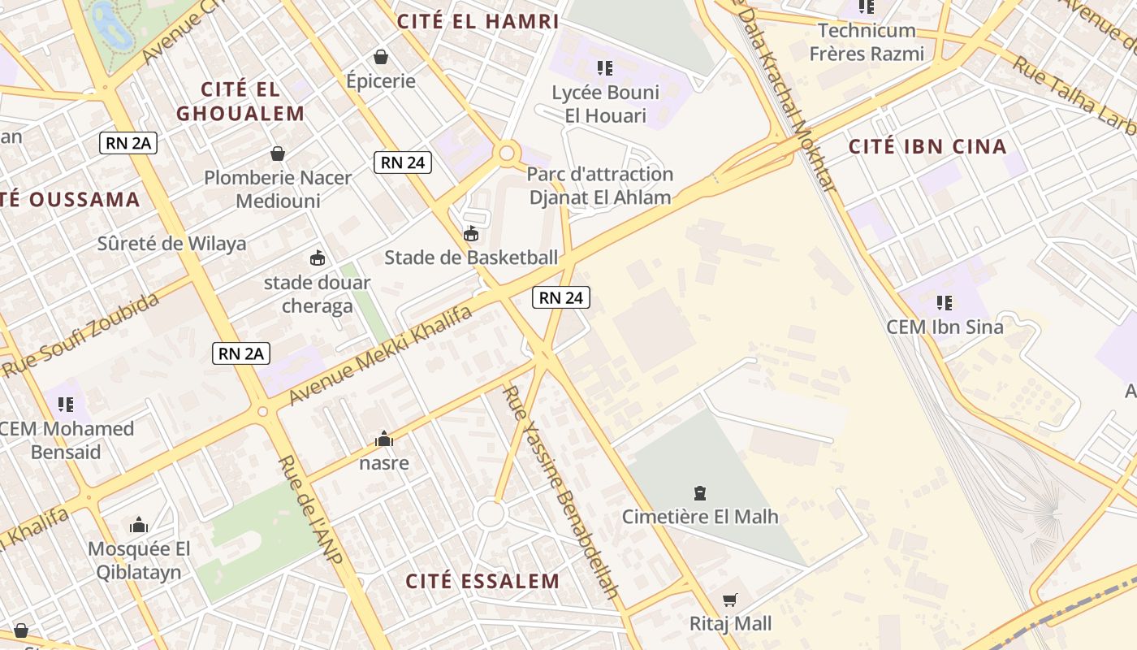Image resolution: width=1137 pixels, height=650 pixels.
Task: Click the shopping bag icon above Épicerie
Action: point(380,57)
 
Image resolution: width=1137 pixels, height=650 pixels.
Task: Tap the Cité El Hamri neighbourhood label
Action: point(478,22)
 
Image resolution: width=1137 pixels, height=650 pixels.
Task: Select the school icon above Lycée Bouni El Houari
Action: point(604,67)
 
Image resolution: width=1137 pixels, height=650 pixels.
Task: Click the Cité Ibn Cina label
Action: point(927,147)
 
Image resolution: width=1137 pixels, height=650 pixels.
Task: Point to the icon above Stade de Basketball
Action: point(470,234)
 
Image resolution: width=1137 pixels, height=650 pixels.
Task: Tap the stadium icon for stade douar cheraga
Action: point(317,258)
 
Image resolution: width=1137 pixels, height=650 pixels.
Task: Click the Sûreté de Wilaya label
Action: point(171,244)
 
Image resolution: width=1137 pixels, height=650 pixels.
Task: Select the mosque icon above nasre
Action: point(384,440)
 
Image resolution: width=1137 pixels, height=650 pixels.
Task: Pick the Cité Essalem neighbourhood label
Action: point(482,582)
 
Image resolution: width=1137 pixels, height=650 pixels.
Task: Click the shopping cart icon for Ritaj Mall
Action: point(730,600)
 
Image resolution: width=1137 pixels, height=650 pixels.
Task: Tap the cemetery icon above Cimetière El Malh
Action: point(699,492)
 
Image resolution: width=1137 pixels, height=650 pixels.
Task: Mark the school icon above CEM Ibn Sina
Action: point(945,303)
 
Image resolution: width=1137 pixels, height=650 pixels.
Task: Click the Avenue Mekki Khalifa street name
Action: point(380,356)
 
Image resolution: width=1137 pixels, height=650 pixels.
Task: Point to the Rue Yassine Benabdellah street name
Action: point(560,492)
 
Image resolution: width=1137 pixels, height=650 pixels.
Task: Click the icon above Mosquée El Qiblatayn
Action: point(139,525)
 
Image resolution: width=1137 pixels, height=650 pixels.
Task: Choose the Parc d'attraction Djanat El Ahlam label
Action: point(600,185)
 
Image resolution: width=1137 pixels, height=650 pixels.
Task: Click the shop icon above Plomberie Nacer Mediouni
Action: point(278,154)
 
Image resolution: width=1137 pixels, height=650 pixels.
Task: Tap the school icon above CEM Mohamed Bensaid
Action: point(66,404)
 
